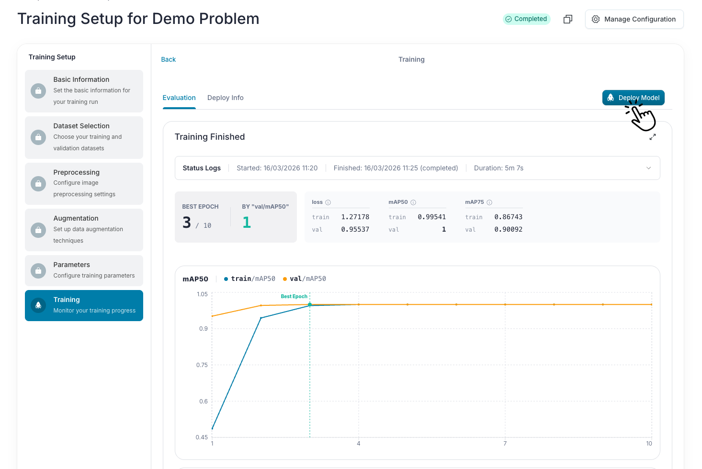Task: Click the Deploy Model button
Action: [x=633, y=98]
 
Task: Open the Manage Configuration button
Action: [x=634, y=19]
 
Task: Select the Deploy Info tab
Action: [x=226, y=98]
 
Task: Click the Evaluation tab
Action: [x=179, y=98]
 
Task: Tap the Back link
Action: [x=168, y=59]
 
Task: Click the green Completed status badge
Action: [x=527, y=19]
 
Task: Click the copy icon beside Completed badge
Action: [x=568, y=19]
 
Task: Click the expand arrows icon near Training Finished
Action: [x=653, y=137]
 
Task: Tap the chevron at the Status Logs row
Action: [x=648, y=168]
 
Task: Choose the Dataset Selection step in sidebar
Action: [x=84, y=137]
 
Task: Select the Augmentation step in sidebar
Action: [x=84, y=230]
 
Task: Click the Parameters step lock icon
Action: [x=38, y=270]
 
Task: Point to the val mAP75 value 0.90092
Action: [x=509, y=229]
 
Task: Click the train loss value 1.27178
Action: [x=355, y=217]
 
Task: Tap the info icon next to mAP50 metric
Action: [x=413, y=202]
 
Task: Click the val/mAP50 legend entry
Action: [x=304, y=279]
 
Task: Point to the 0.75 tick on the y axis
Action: [x=202, y=365]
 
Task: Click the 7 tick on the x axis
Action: [x=505, y=444]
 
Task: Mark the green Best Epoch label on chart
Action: [x=294, y=296]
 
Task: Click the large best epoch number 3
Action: [x=187, y=223]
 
